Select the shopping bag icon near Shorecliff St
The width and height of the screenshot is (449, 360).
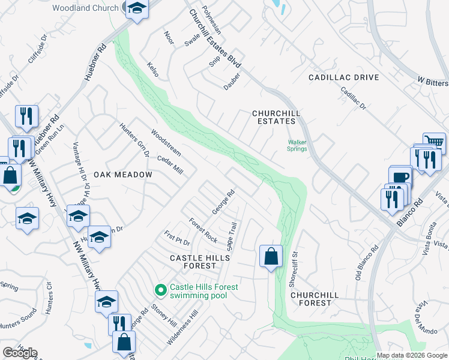pyautogui.click(x=271, y=256)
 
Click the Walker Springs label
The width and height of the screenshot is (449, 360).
pyautogui.click(x=297, y=145)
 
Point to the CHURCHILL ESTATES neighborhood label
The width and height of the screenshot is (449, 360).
pyautogui.click(x=276, y=117)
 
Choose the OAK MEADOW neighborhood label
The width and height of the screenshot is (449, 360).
pyautogui.click(x=122, y=174)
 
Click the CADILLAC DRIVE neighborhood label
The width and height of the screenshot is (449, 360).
pyautogui.click(x=344, y=77)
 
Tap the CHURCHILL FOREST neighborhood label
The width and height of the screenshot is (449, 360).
pyautogui.click(x=315, y=299)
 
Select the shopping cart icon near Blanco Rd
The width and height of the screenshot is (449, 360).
pyautogui.click(x=434, y=143)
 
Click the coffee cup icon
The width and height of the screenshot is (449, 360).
pyautogui.click(x=400, y=177)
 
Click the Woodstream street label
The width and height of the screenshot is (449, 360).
pyautogui.click(x=166, y=142)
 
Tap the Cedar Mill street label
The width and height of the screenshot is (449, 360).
pyautogui.click(x=169, y=164)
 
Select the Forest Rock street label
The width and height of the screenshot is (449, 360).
pyautogui.click(x=203, y=230)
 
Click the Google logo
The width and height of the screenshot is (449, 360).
pyautogui.click(x=20, y=353)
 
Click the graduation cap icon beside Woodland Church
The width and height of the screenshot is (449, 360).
pyautogui.click(x=137, y=10)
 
